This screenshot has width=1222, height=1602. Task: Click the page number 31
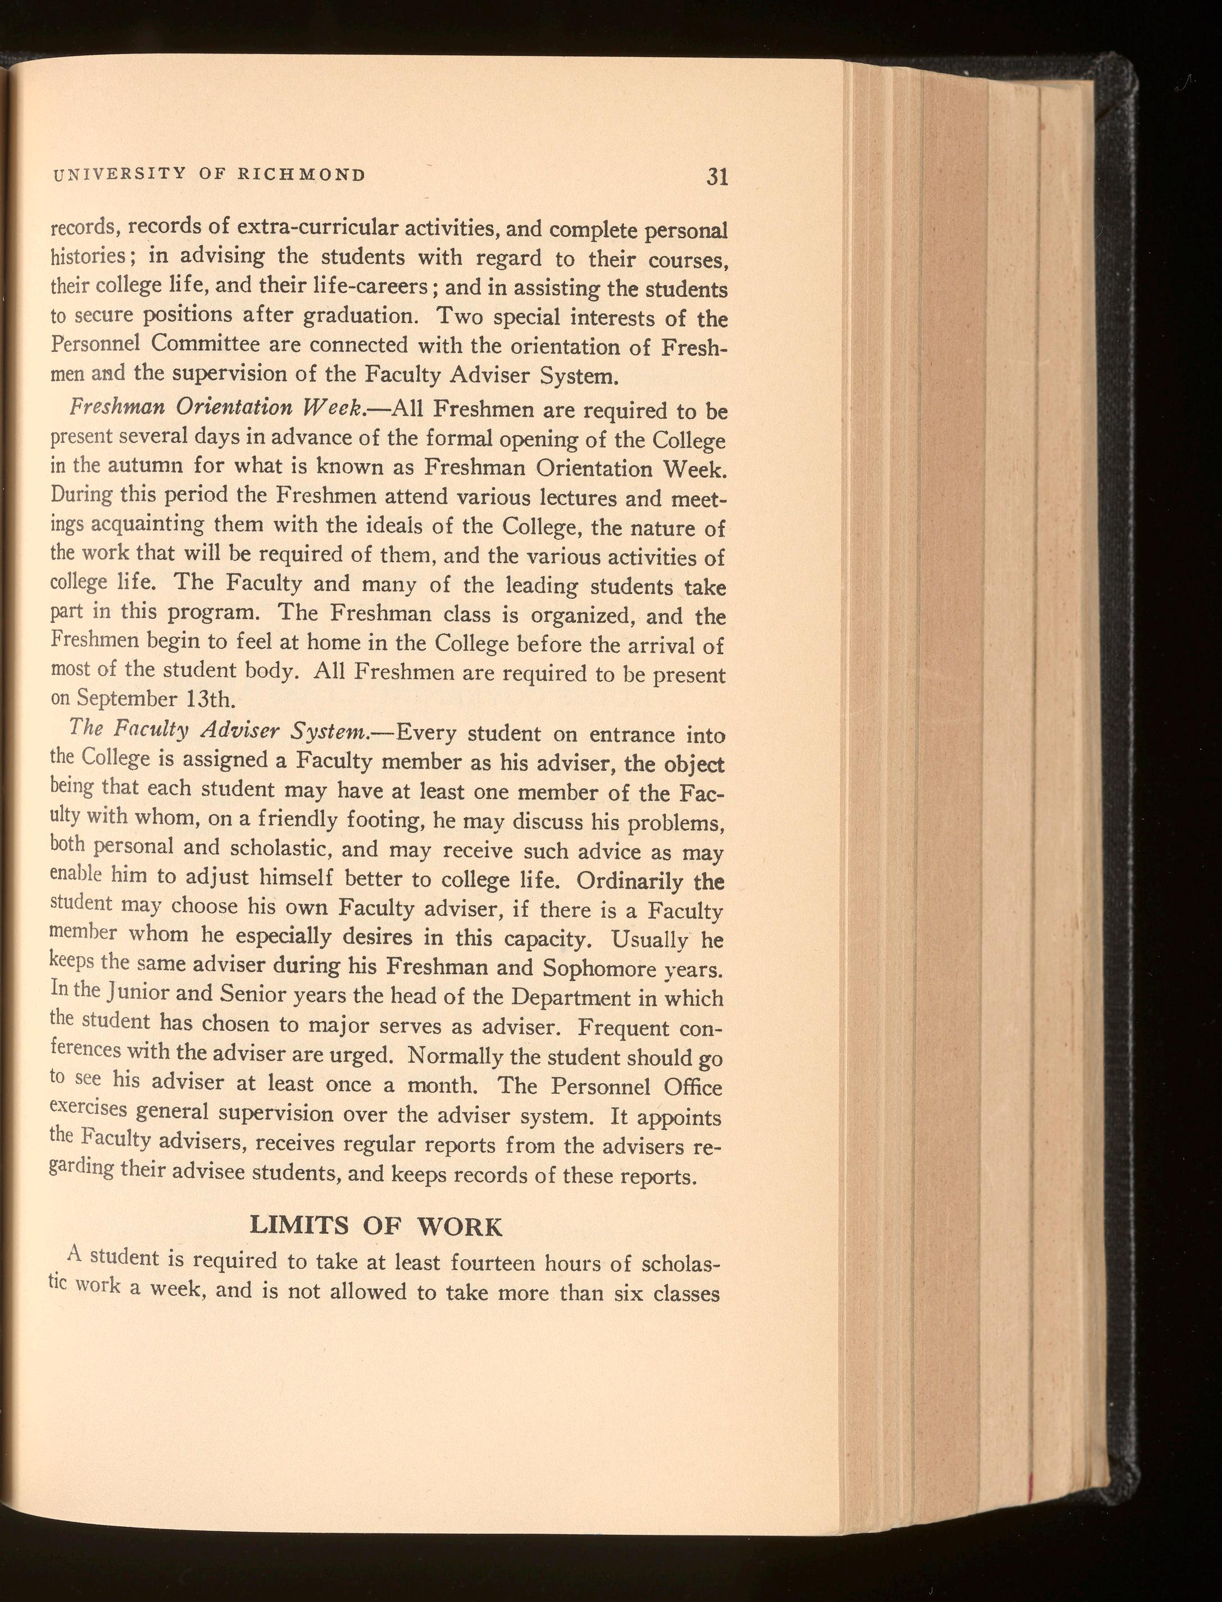716,178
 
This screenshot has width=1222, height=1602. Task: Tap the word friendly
297,820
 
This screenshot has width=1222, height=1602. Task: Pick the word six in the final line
629,1296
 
